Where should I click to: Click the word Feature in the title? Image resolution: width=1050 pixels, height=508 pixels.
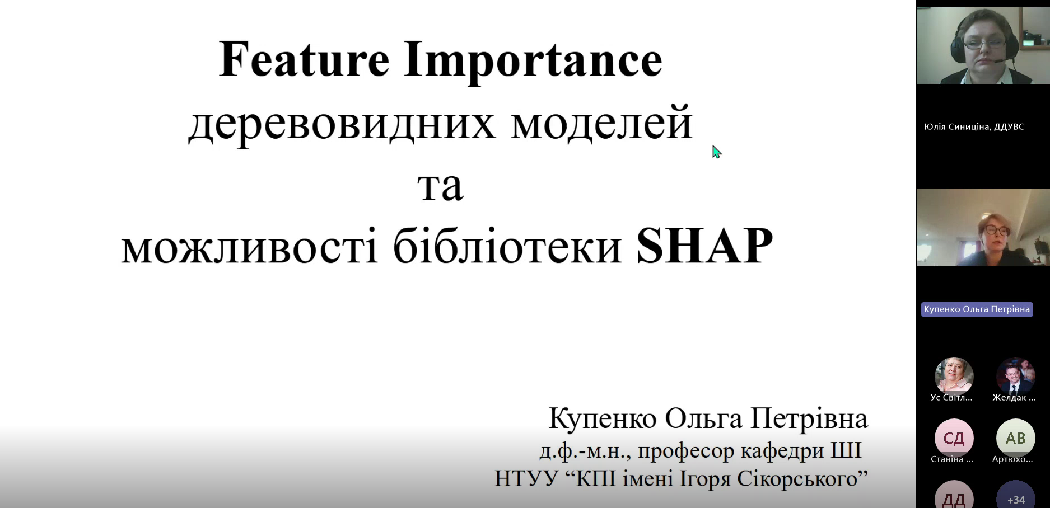304,59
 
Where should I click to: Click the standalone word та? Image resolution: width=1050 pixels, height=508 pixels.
440,187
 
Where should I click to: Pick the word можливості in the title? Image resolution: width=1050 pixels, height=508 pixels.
250,247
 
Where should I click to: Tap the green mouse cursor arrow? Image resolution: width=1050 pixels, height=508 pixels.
716,152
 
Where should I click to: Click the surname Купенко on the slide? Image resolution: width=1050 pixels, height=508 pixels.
603,418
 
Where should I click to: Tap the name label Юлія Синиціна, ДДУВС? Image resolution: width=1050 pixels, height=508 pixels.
974,127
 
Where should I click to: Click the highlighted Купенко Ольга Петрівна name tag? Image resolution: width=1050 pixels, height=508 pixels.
977,309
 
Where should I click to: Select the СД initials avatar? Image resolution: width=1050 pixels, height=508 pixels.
954,438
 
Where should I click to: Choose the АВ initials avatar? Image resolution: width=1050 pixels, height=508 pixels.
1015,438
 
